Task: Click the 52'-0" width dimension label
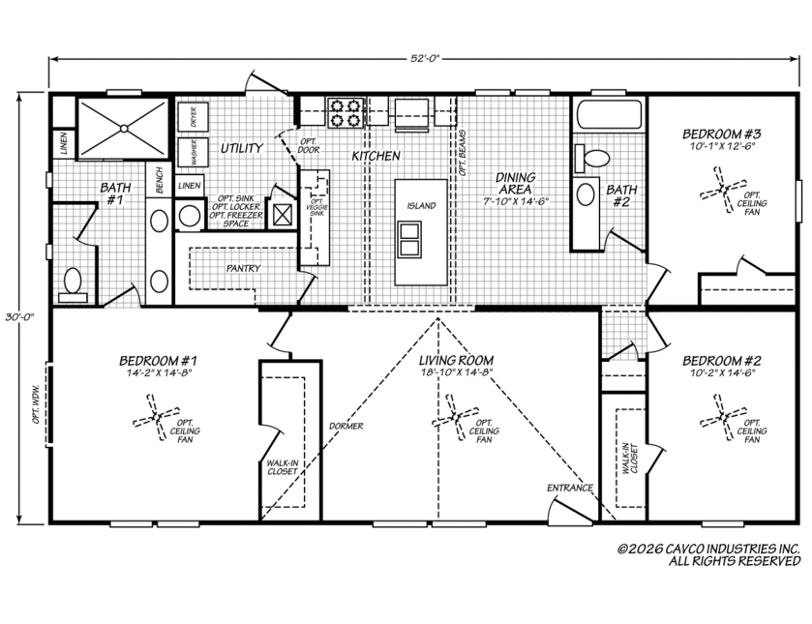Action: pyautogui.click(x=425, y=58)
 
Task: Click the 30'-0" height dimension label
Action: pyautogui.click(x=19, y=317)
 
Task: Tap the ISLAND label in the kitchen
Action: pyautogui.click(x=421, y=206)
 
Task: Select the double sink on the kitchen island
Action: pyautogui.click(x=409, y=239)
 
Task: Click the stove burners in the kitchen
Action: pyautogui.click(x=345, y=113)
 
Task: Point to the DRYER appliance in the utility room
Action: pyautogui.click(x=193, y=117)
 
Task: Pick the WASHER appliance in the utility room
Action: pyautogui.click(x=193, y=152)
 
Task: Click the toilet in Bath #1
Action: pyautogui.click(x=73, y=284)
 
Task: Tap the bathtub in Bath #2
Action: pyautogui.click(x=609, y=114)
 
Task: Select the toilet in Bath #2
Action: pyautogui.click(x=592, y=158)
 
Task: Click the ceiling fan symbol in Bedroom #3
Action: pyautogui.click(x=723, y=189)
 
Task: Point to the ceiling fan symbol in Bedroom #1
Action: pyautogui.click(x=156, y=417)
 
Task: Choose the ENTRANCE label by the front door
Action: pyautogui.click(x=570, y=488)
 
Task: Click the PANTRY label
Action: pyautogui.click(x=243, y=268)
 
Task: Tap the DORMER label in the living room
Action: pyautogui.click(x=346, y=426)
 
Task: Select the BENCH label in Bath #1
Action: pyautogui.click(x=159, y=180)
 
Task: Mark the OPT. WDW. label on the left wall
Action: pyautogui.click(x=36, y=404)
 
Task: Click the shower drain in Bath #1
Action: pyautogui.click(x=123, y=128)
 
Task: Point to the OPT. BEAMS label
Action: pyautogui.click(x=462, y=153)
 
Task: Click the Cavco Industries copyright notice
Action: pyautogui.click(x=709, y=554)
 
